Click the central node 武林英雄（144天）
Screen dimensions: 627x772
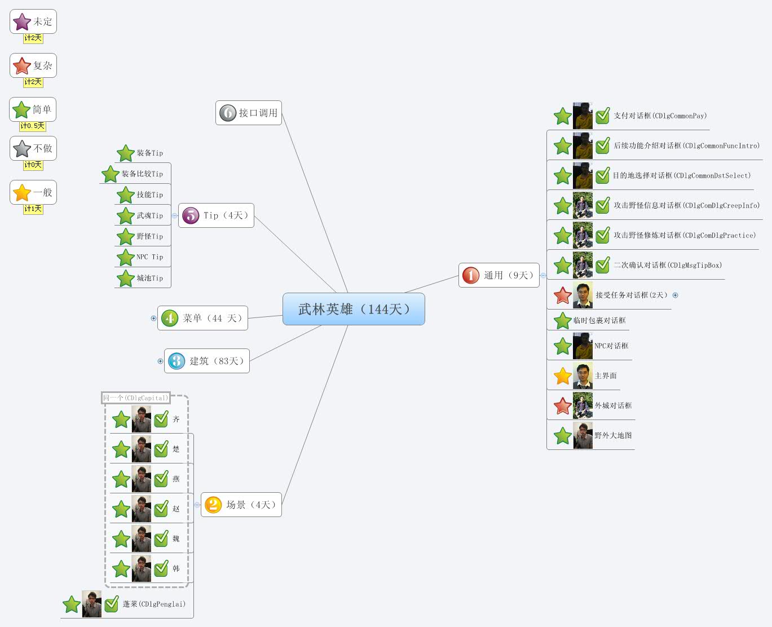click(354, 309)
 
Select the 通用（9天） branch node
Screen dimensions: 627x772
click(499, 275)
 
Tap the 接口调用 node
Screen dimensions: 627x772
click(249, 113)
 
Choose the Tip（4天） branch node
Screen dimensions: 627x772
click(217, 215)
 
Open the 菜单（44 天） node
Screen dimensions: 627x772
click(203, 318)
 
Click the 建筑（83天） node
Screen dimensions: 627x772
click(207, 361)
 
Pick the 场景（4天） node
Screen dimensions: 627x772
click(241, 505)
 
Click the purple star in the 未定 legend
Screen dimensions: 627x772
click(21, 22)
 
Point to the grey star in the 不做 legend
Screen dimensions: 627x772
click(21, 149)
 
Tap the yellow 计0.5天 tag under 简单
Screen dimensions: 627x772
click(33, 126)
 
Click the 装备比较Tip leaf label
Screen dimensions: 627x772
click(142, 174)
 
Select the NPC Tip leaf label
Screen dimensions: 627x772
click(149, 257)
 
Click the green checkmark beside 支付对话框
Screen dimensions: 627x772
click(603, 116)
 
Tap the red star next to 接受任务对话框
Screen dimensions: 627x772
click(562, 295)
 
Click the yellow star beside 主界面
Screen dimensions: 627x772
click(562, 376)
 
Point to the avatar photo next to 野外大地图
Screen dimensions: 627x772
click(583, 435)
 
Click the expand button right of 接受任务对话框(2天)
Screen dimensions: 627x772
click(675, 295)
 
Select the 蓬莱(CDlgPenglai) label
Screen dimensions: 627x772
click(154, 604)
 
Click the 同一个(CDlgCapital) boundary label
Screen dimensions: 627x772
click(135, 398)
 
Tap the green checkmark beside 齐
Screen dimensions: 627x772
click(161, 419)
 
